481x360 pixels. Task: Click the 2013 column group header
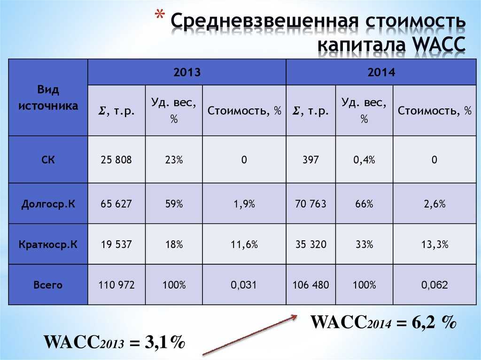coord(187,72)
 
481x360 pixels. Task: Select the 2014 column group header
coord(381,72)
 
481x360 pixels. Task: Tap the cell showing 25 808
coord(116,160)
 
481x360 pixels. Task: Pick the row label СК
coord(48,160)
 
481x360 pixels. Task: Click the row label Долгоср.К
coord(48,204)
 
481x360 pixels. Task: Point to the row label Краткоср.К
coord(48,245)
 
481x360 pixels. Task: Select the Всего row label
coord(48,285)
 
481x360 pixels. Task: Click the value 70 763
coord(311,204)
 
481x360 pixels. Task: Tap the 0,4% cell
coord(364,160)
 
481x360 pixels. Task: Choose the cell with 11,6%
coord(244,245)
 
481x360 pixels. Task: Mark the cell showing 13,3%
coord(434,245)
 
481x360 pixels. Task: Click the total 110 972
coord(116,285)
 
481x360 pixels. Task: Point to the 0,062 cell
coord(434,285)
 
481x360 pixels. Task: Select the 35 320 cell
coord(311,245)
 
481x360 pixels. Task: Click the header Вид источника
coord(48,98)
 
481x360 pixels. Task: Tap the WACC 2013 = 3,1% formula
coord(115,342)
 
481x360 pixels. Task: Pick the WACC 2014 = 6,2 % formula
coord(383,322)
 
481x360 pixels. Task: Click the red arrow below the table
coord(250,335)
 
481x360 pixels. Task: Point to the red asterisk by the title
coord(159,15)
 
